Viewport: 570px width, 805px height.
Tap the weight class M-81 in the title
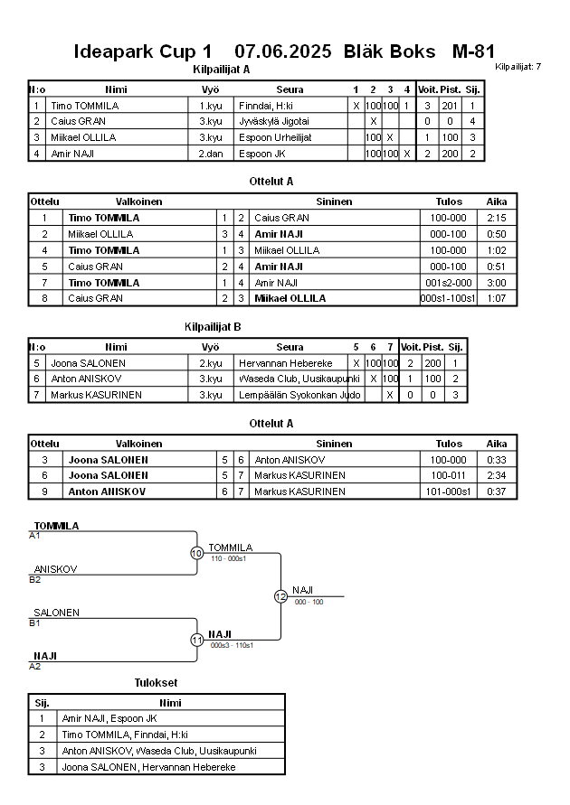472,51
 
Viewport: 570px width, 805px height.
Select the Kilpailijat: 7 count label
518,67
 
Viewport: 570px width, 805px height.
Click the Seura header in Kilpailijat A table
290,89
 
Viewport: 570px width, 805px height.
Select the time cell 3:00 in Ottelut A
496,283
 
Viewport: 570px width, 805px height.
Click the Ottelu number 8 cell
43,299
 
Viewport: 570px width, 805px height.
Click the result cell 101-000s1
448,491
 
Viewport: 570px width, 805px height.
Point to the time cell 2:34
496,475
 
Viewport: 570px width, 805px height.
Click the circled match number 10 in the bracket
197,553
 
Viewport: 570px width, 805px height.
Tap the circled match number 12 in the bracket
280,596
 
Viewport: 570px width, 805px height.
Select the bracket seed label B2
34,579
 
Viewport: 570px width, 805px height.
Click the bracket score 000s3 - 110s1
232,645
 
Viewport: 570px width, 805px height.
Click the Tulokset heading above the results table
156,682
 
